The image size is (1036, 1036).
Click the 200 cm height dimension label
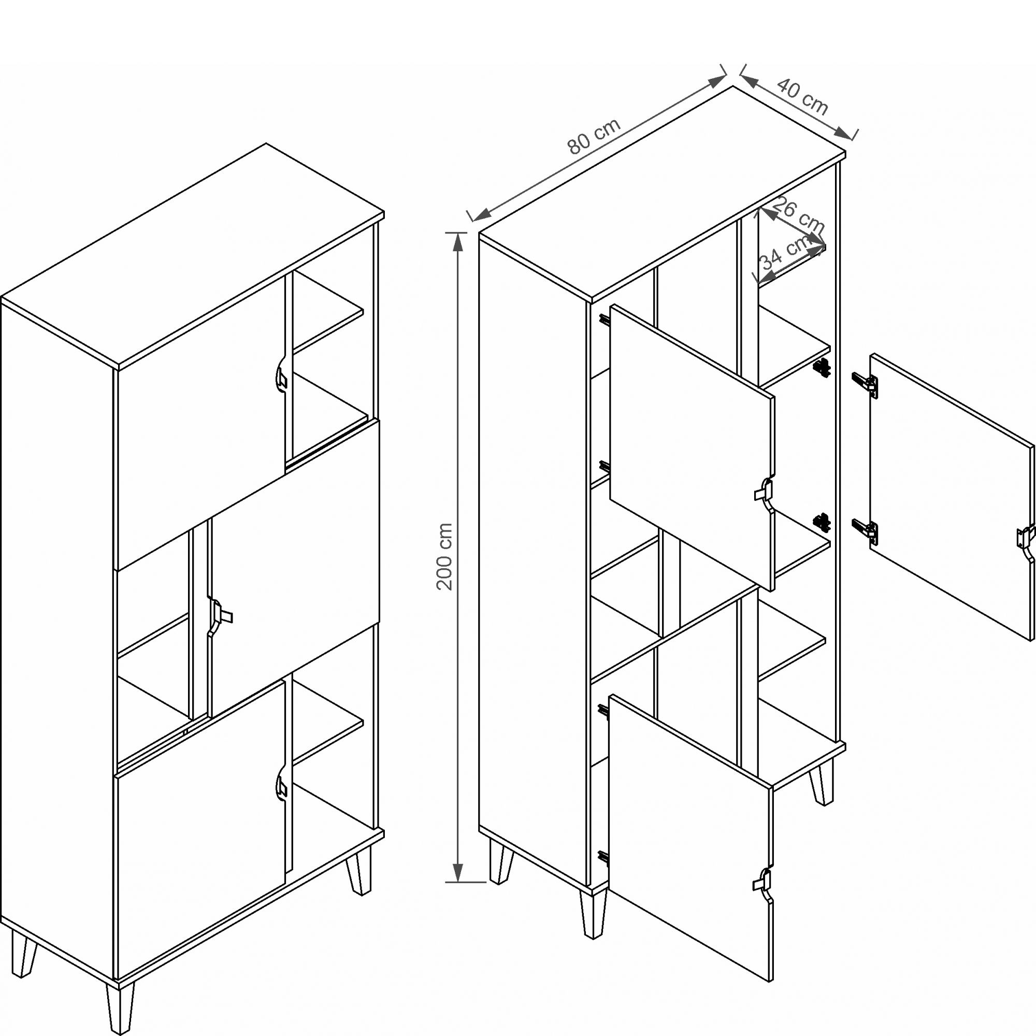445,556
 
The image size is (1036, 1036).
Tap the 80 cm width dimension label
594,136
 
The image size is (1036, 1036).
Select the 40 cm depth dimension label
803,97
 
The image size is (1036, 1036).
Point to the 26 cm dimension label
799,214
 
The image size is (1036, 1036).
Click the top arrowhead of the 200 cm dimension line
457,242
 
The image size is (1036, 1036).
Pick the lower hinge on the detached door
865,531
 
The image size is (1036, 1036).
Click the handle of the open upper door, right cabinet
764,492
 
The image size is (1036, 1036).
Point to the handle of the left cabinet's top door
281,377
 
